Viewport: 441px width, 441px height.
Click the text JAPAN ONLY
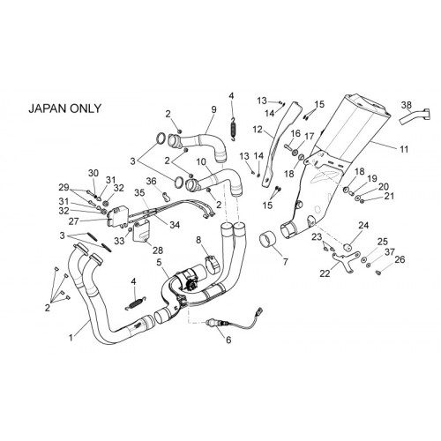pyautogui.click(x=64, y=108)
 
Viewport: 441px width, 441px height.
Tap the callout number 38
pyautogui.click(x=407, y=105)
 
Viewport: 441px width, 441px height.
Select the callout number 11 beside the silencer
pyautogui.click(x=405, y=149)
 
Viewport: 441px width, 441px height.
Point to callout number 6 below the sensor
pyautogui.click(x=228, y=340)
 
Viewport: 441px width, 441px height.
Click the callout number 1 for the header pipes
pyautogui.click(x=71, y=338)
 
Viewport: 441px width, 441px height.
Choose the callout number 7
pyautogui.click(x=285, y=261)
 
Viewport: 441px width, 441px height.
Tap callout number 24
pyautogui.click(x=363, y=226)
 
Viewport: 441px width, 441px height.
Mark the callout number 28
pyautogui.click(x=158, y=250)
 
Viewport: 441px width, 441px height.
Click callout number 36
pyautogui.click(x=152, y=181)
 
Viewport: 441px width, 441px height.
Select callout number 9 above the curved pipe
pyautogui.click(x=213, y=109)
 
